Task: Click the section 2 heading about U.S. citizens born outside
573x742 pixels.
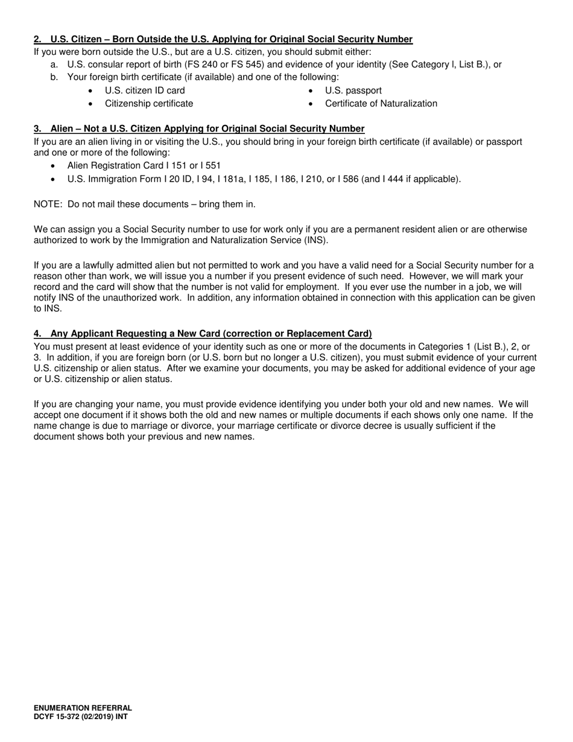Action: pos(223,39)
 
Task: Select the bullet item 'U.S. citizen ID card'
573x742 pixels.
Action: pos(145,90)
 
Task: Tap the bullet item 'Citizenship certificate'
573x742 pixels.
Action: pos(149,104)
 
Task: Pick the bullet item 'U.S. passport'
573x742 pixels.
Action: pos(353,90)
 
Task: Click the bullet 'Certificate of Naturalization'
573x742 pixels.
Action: pos(381,104)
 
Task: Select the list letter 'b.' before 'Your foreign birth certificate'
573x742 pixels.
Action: pos(55,77)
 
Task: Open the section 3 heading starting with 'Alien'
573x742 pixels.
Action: pos(199,128)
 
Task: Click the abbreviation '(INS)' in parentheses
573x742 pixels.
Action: pos(315,240)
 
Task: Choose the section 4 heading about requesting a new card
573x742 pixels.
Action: pos(203,334)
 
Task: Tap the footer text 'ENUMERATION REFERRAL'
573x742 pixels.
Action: pos(83,708)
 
